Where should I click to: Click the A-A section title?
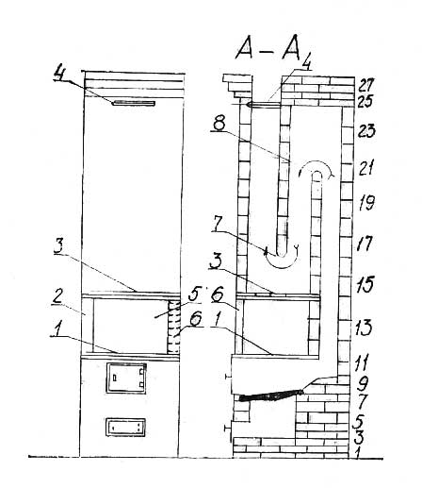tap(268, 51)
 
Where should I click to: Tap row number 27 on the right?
tap(365, 85)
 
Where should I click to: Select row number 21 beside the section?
tap(366, 168)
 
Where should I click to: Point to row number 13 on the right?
tap(365, 328)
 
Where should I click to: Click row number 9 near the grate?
tap(364, 383)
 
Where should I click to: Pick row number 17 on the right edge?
tap(365, 244)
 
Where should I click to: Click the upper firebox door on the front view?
tap(126, 379)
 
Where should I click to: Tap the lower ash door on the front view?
tap(125, 427)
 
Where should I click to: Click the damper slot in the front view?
tap(135, 103)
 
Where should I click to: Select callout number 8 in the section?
tap(219, 124)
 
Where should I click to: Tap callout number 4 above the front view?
tap(59, 72)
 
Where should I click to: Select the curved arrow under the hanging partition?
tap(281, 263)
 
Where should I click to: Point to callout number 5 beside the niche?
tap(194, 295)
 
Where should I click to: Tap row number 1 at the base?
tap(356, 452)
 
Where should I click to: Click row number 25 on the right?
tap(365, 101)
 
